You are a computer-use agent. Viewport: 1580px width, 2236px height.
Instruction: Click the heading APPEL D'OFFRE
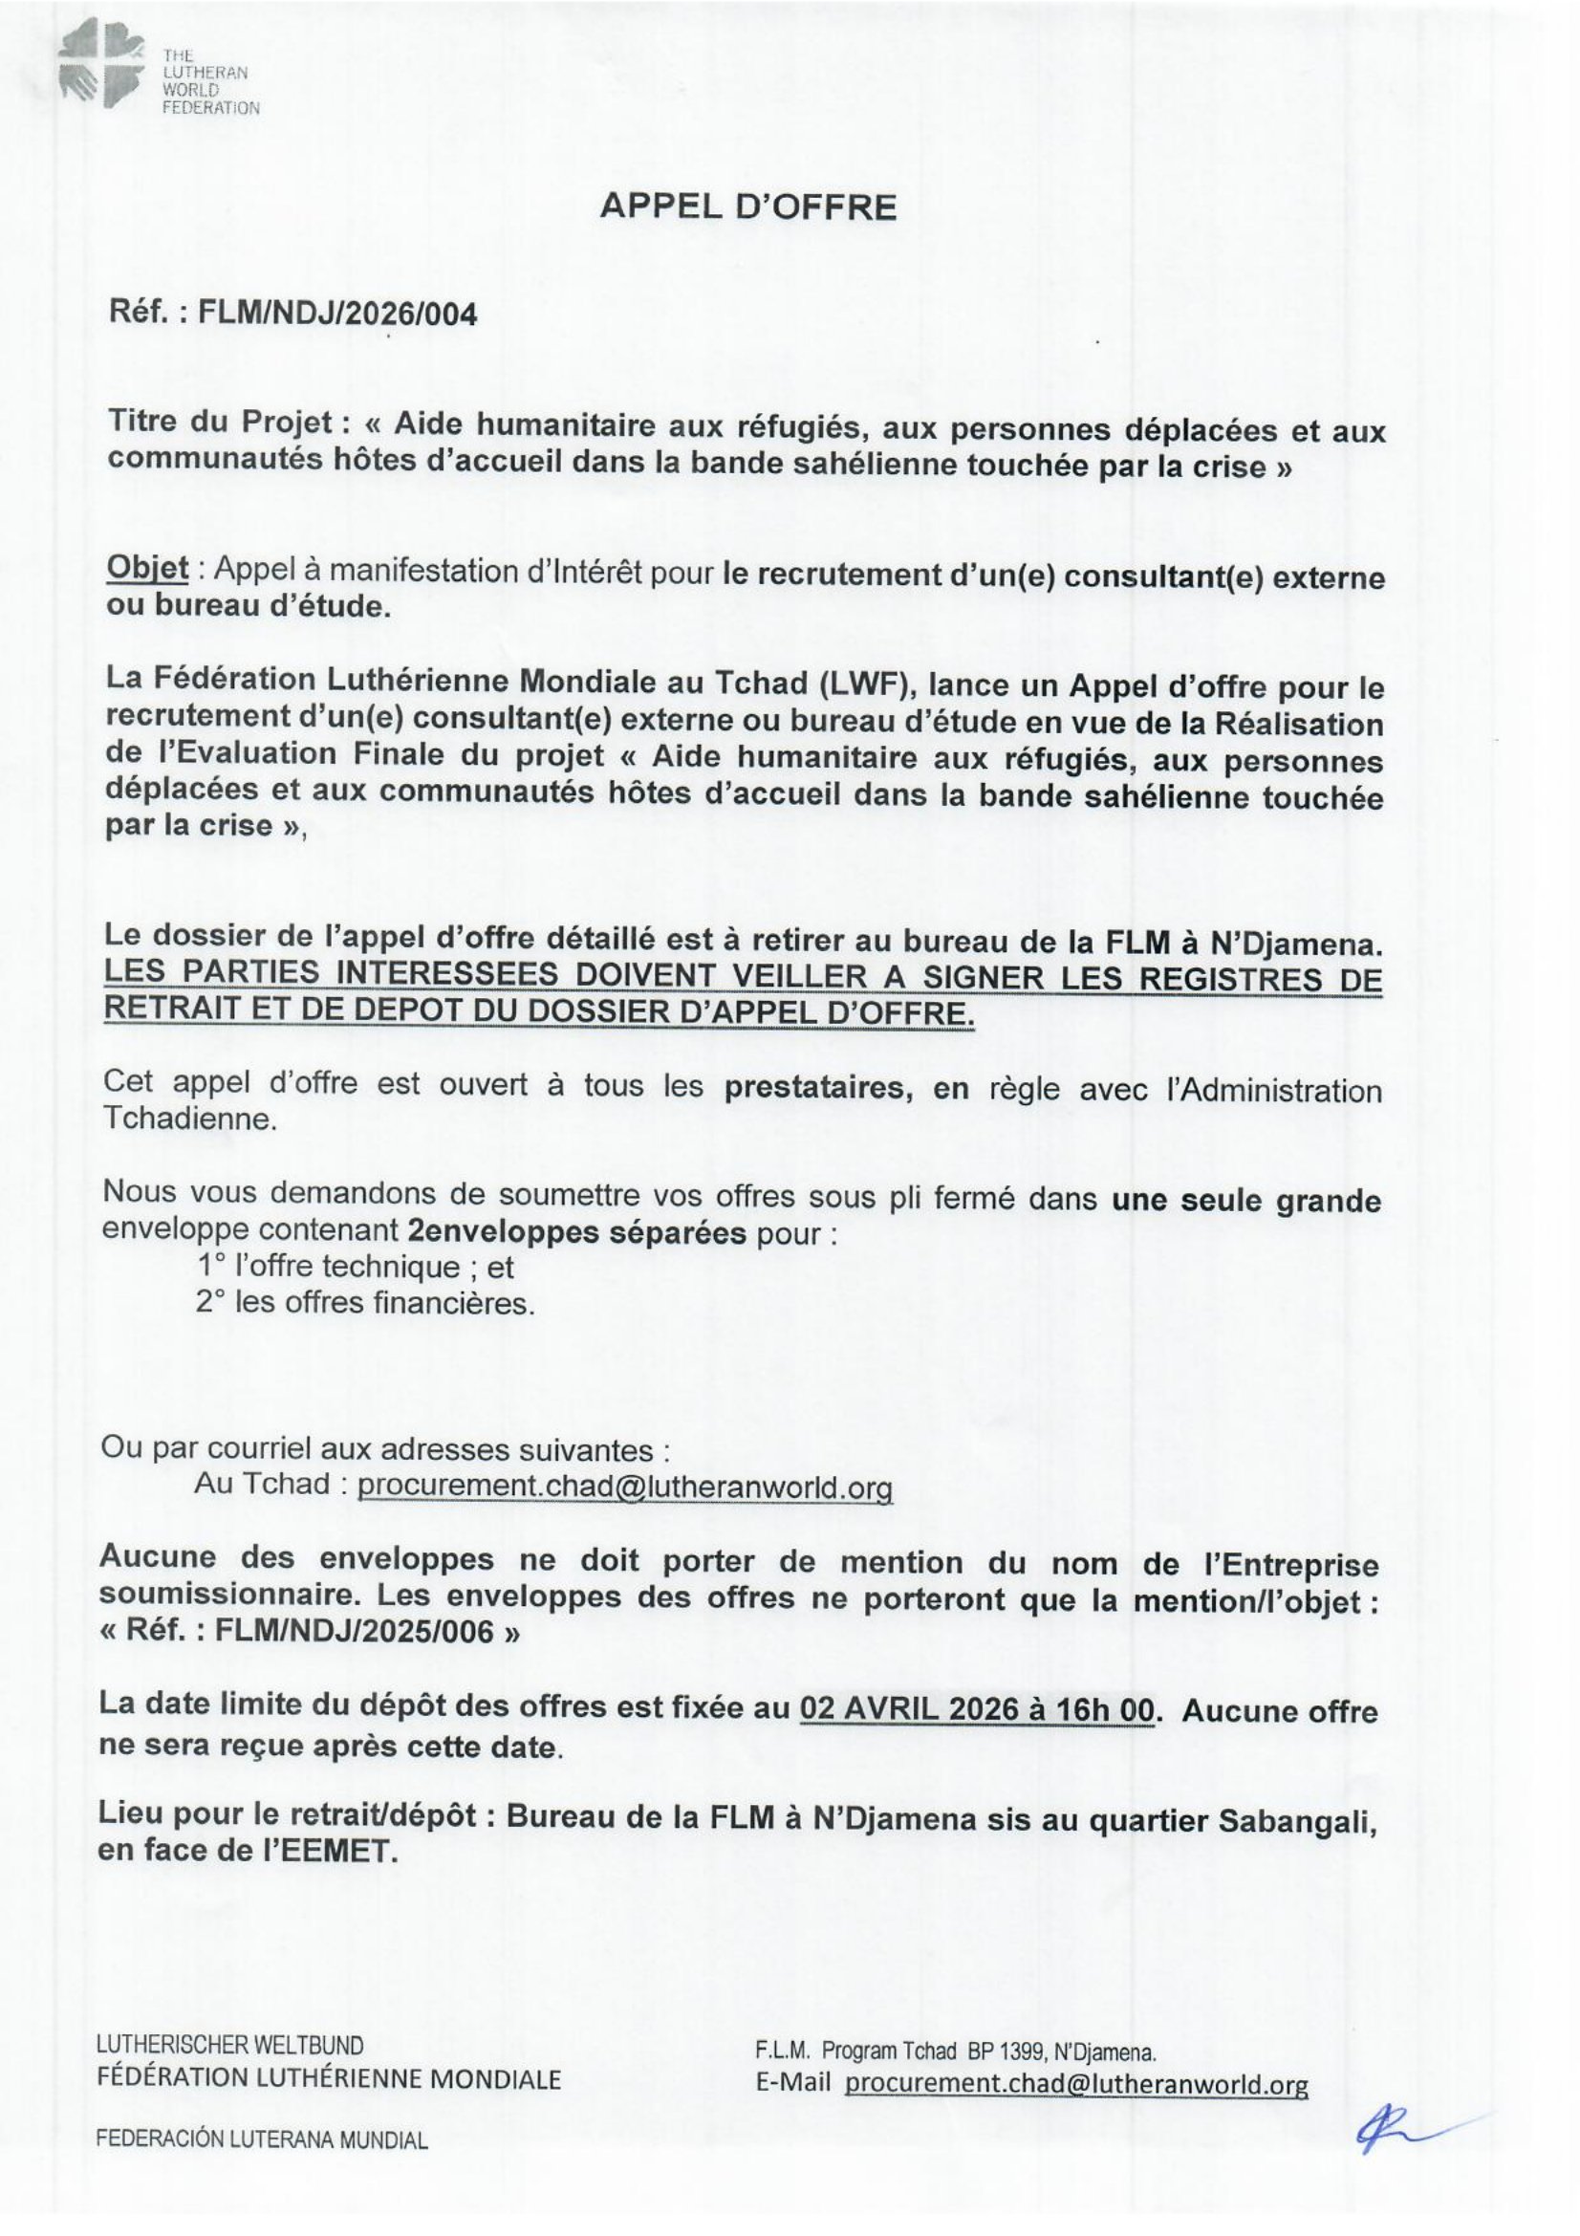(x=747, y=207)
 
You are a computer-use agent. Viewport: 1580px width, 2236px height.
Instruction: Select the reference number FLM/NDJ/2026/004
(x=336, y=314)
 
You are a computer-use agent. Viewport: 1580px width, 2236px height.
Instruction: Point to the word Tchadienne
(x=189, y=1119)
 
